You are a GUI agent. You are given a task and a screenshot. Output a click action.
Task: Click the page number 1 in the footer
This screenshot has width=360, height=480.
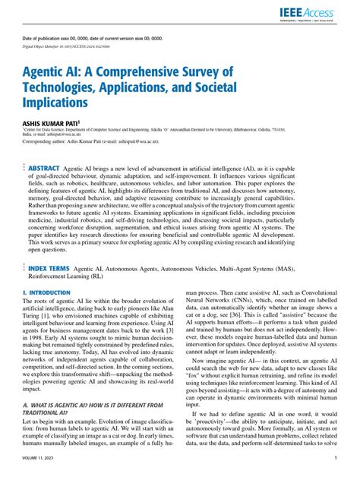click(336, 458)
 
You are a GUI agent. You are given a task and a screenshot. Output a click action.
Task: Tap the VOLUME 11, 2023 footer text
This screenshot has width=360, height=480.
click(42, 458)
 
